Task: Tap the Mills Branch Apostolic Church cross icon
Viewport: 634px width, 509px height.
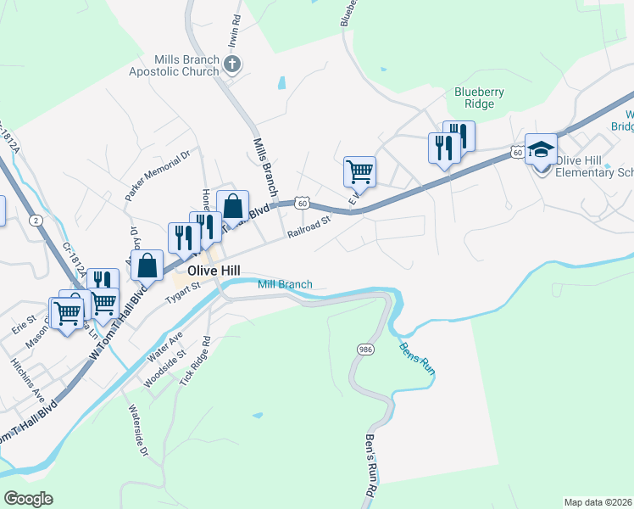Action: [x=233, y=64]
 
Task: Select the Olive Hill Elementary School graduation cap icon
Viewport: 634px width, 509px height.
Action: [x=541, y=149]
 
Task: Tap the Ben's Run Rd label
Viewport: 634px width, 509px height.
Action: [x=370, y=466]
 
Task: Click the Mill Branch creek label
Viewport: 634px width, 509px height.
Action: [x=285, y=285]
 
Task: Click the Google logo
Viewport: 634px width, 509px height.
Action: [x=28, y=499]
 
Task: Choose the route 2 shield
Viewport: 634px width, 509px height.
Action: [x=36, y=221]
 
